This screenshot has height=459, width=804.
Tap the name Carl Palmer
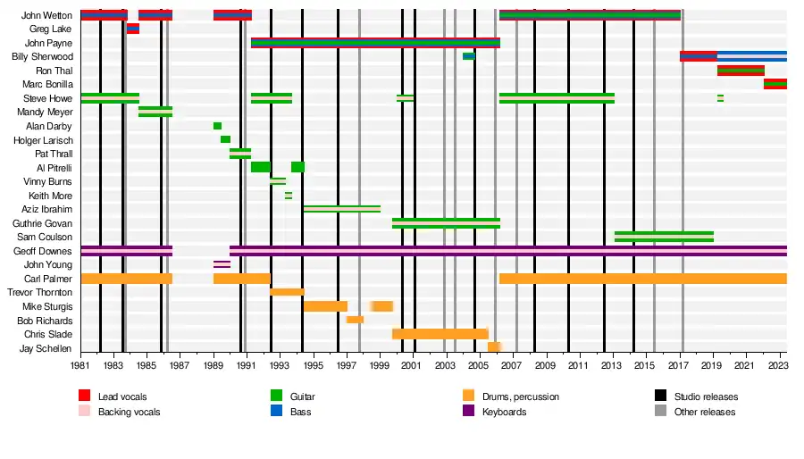48,279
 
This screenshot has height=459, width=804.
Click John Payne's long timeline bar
375,43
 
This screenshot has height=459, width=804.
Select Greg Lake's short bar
133,29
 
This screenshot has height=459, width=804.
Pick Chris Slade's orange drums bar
440,334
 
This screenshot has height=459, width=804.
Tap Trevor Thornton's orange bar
287,292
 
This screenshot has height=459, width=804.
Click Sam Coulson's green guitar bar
664,237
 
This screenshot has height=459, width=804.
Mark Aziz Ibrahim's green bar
341,209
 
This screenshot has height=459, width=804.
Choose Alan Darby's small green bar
217,126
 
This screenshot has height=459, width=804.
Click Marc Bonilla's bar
775,84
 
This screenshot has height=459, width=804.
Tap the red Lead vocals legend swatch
85,396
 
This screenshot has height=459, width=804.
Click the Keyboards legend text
504,412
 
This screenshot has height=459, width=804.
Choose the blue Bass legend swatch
277,412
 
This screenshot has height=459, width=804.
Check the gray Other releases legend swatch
661,412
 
